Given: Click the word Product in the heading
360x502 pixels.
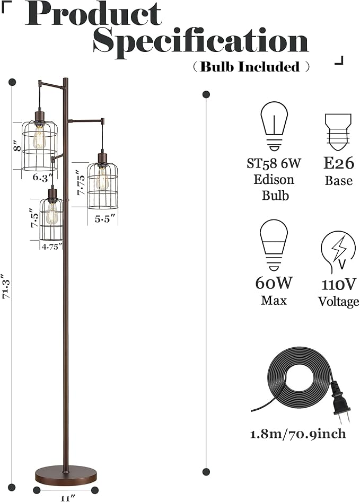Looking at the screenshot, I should (x=93, y=14).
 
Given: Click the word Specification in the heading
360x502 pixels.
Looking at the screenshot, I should (x=200, y=41).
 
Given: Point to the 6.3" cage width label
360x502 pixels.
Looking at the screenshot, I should (x=43, y=177).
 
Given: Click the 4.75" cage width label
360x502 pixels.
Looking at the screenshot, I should (x=52, y=245).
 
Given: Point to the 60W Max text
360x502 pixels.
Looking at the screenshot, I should (x=274, y=291).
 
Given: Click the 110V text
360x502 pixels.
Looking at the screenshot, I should (x=339, y=284).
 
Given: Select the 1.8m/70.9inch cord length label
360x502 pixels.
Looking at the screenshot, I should (x=298, y=434).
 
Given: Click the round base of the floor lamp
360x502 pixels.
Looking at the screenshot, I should (x=66, y=474).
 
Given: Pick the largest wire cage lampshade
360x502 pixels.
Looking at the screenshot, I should (x=39, y=145).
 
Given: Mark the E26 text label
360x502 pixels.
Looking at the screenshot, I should (x=339, y=162).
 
